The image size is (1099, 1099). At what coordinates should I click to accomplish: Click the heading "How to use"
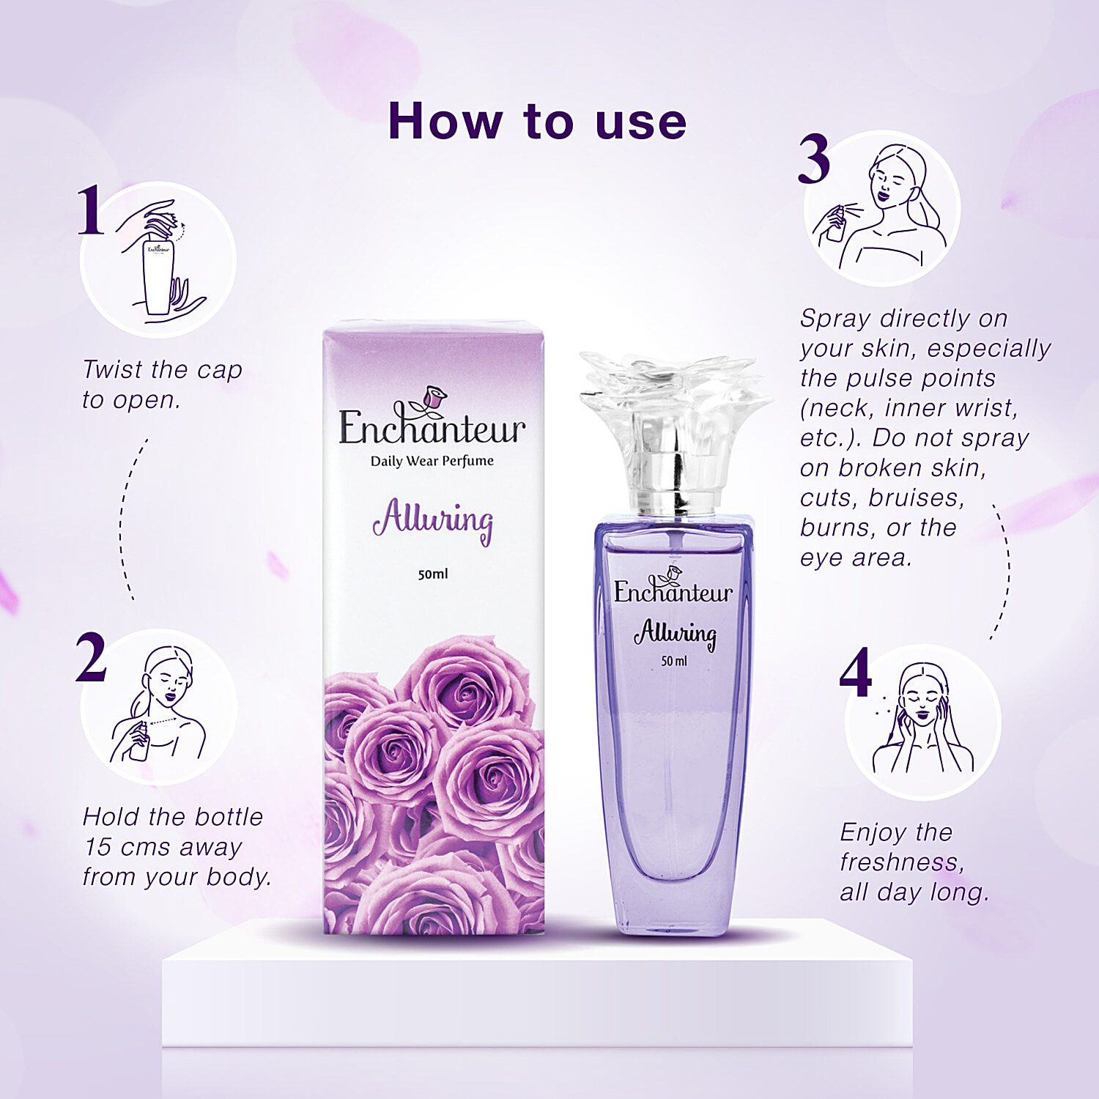537,121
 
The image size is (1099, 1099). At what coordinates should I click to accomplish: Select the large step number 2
92,657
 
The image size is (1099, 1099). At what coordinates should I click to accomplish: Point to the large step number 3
814,159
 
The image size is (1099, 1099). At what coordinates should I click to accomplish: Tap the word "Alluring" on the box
433,520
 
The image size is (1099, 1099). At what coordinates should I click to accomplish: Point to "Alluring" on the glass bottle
675,633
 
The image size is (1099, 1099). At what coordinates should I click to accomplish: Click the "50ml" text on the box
433,574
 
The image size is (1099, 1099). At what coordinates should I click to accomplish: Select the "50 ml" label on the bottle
674,661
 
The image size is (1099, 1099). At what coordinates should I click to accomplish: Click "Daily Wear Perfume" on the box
432,461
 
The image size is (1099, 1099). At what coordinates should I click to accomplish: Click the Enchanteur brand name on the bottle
673,591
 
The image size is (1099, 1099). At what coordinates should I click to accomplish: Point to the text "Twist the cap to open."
162,385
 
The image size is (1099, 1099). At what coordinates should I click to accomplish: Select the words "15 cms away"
163,847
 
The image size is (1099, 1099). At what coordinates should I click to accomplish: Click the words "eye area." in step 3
856,558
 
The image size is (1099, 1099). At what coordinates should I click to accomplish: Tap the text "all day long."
914,892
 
